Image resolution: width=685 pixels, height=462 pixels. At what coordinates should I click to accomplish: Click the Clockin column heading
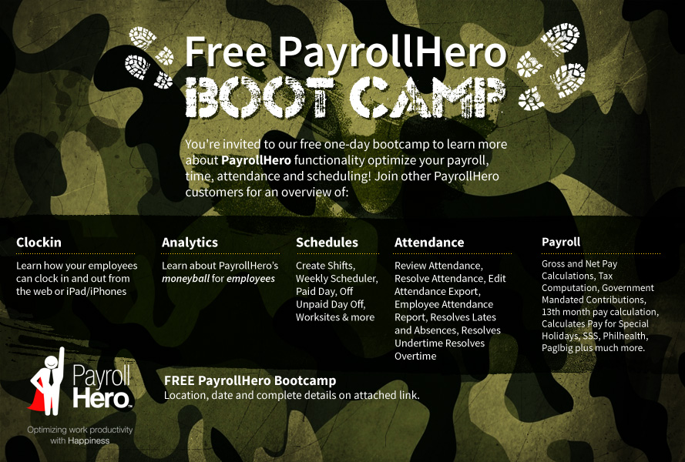click(39, 243)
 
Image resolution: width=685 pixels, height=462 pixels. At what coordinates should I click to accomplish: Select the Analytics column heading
click(190, 243)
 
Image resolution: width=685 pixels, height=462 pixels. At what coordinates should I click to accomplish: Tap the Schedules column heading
click(327, 243)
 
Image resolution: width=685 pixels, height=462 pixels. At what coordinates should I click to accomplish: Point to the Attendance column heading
click(429, 243)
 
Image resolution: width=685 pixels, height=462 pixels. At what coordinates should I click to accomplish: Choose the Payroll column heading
click(561, 243)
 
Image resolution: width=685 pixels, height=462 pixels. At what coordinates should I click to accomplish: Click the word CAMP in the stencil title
click(428, 97)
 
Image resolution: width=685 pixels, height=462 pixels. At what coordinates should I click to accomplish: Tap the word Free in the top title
click(226, 52)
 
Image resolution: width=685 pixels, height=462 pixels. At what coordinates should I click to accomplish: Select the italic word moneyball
click(186, 279)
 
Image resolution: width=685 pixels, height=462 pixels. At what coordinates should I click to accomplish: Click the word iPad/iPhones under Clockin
click(100, 291)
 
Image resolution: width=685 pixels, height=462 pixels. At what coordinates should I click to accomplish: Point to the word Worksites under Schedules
click(317, 317)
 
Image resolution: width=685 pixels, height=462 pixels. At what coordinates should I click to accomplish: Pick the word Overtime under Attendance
click(415, 357)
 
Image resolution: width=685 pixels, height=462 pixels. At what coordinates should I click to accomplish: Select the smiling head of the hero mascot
click(51, 362)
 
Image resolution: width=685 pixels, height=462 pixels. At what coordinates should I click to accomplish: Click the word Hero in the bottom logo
click(101, 397)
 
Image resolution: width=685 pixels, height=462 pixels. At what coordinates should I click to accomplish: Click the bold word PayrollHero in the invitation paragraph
click(256, 160)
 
